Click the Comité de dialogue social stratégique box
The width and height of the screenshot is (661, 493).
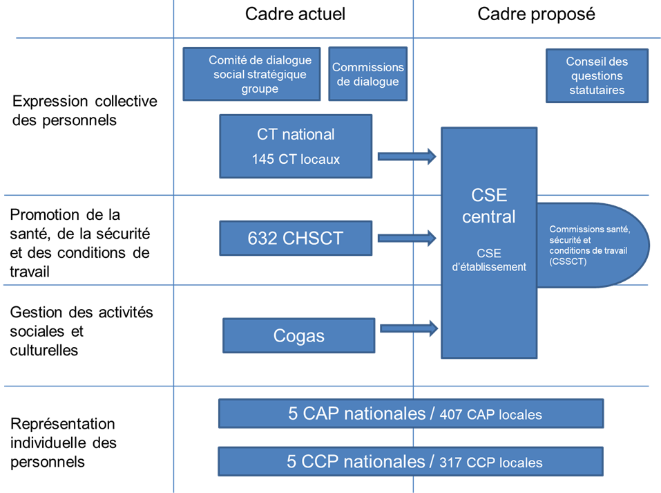coord(252,74)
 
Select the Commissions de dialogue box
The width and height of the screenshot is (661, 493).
coord(367,74)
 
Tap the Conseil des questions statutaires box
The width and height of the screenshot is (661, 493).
coord(597,75)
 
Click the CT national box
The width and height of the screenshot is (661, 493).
coord(296,134)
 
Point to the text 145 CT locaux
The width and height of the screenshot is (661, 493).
coord(296,160)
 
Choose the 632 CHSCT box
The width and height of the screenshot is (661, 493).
coord(296,239)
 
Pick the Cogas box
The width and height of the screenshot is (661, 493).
coord(299,336)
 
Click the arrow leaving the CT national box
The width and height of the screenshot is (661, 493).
coord(408,157)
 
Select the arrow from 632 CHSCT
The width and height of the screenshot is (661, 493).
coord(408,239)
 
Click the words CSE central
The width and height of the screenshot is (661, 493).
coord(489,206)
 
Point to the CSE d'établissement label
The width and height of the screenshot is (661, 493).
coord(489,259)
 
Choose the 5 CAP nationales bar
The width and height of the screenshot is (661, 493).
coord(411,413)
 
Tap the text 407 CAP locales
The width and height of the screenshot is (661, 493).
coord(490,415)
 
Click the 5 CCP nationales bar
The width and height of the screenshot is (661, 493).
coord(410,461)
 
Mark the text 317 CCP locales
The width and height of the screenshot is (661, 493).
coord(490,463)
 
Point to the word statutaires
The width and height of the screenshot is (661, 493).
coord(597,90)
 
